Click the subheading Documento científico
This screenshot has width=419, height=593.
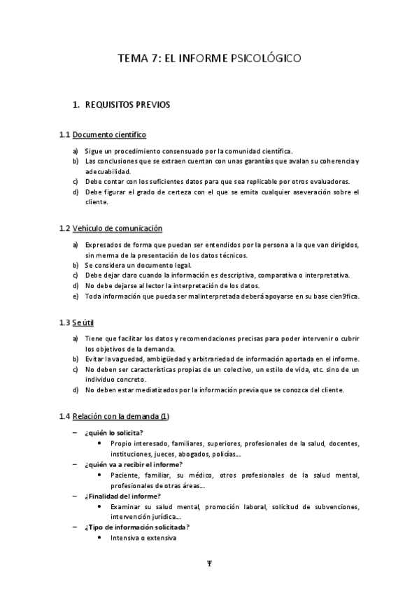click(109, 134)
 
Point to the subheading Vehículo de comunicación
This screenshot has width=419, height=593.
click(117, 228)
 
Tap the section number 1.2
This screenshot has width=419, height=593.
click(64, 228)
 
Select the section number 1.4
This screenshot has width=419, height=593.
click(64, 417)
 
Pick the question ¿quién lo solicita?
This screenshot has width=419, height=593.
click(113, 432)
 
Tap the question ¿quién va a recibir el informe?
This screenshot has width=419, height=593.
click(134, 464)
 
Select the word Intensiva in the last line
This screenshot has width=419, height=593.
click(124, 538)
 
